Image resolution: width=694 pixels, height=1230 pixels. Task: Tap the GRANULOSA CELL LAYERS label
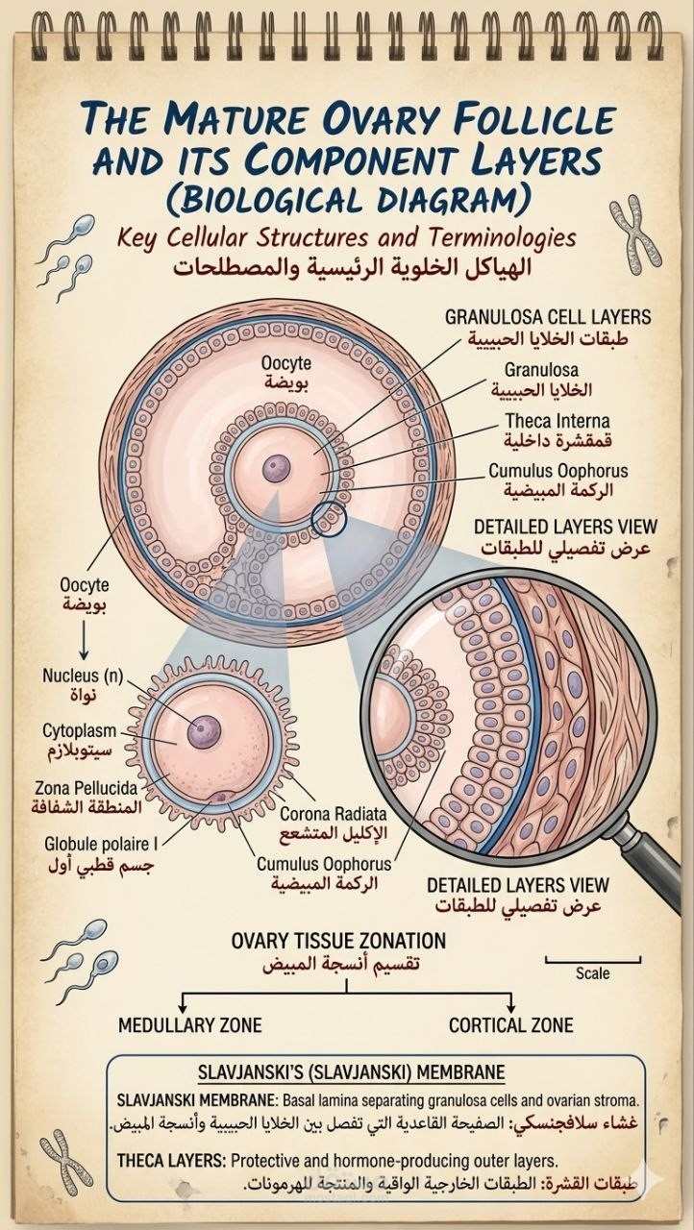coord(547,317)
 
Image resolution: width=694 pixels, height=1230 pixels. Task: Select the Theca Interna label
coord(558,421)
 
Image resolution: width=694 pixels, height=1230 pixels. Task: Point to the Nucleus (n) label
coord(83,675)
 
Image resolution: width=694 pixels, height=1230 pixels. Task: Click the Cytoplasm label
coord(80,731)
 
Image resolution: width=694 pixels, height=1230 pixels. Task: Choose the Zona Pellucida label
coord(87,788)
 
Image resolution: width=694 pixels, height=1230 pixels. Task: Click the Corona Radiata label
coord(334,814)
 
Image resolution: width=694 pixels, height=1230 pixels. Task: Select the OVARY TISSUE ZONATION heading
coord(338,941)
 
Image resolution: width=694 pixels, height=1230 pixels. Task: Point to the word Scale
coord(592,973)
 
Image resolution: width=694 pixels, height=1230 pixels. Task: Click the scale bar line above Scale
coord(593,960)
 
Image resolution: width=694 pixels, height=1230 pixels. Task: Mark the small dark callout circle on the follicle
coord(329,519)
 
